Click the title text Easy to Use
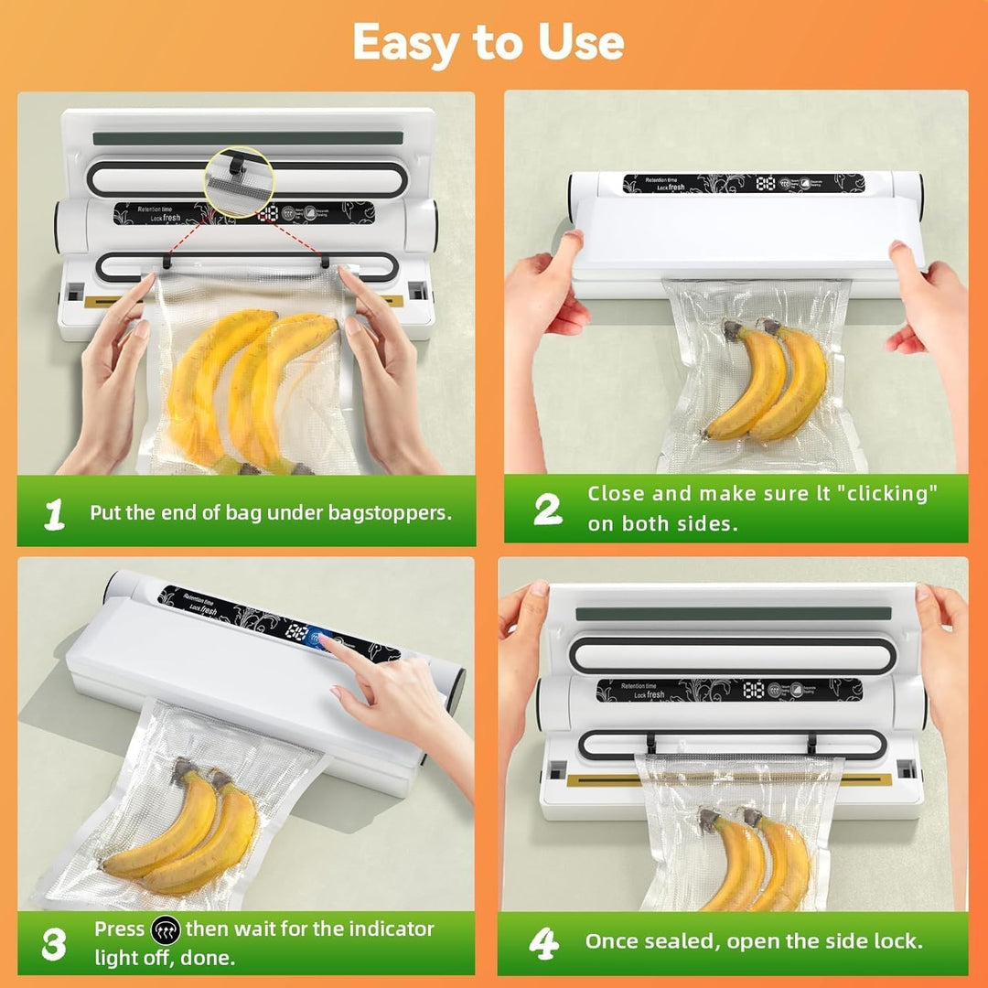pos(488,42)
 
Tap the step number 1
pos(55,514)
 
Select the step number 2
pos(547,510)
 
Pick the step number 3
pos(54,944)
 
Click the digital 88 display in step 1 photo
pos(270,213)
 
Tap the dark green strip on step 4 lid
pos(732,613)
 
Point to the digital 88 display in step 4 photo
pos(754,690)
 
